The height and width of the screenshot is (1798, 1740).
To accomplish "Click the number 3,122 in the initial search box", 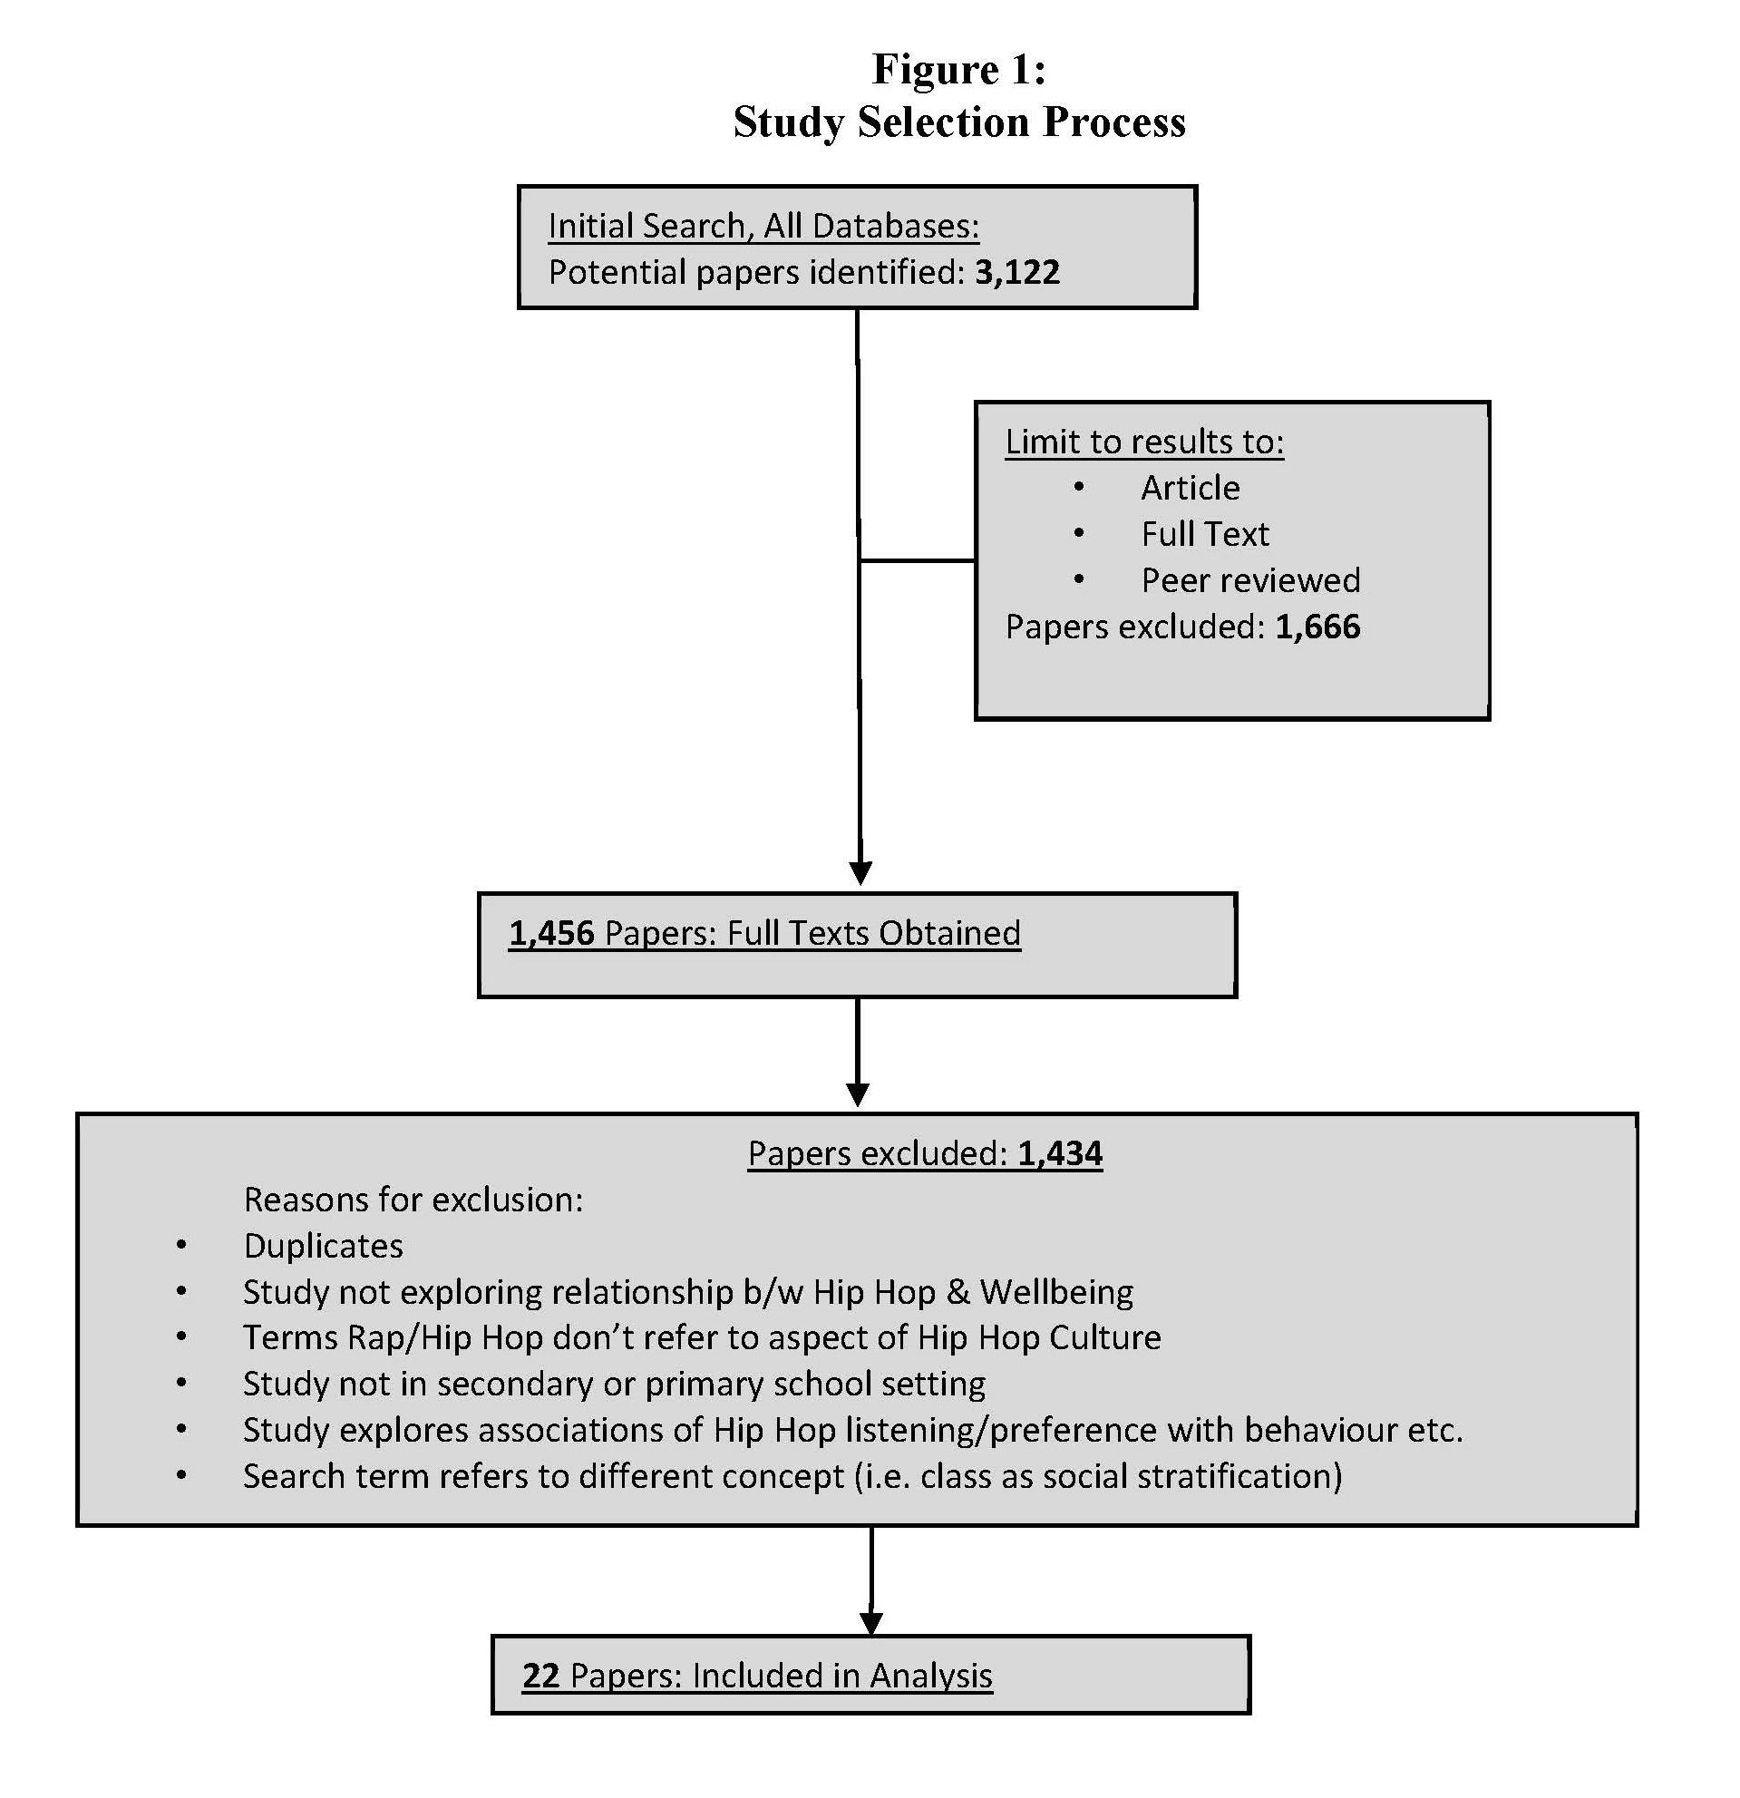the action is (x=1017, y=272).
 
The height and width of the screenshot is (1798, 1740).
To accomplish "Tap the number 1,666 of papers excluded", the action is (x=1318, y=627).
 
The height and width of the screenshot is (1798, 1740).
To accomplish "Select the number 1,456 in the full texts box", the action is (x=552, y=933).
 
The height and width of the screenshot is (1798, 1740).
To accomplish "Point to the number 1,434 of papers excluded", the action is (x=1060, y=1153).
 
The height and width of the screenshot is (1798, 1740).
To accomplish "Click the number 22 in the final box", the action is (x=540, y=1675).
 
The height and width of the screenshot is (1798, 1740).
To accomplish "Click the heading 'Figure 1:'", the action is (x=959, y=69).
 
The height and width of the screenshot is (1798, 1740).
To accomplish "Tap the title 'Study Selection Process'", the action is (x=959, y=122).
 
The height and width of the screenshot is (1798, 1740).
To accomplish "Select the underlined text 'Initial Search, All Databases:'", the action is (x=763, y=227).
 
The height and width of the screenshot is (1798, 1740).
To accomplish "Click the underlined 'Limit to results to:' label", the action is (x=1144, y=442).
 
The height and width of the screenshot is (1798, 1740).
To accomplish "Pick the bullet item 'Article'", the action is (x=1191, y=488).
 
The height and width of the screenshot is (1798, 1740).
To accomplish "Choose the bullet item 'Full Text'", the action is (x=1205, y=534).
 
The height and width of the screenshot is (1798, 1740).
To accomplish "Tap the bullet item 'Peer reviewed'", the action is (x=1251, y=580).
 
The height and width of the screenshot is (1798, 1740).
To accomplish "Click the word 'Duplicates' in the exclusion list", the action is (x=323, y=1246).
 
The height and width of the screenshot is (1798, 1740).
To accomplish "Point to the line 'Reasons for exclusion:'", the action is (x=413, y=1200).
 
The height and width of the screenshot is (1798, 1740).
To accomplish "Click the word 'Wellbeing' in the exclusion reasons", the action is (x=1056, y=1293).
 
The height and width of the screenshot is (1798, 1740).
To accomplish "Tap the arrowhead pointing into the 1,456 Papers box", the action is (x=860, y=873).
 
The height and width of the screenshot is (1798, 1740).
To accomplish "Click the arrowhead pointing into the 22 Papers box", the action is (x=871, y=1624).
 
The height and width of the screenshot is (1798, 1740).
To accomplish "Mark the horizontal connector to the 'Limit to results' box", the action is (x=918, y=560).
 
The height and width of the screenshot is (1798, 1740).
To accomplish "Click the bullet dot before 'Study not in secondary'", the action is (x=181, y=1384).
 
